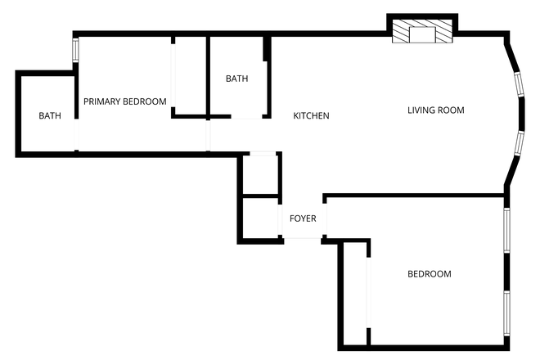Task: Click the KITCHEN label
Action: pos(311,116)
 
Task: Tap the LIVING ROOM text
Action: pos(435,110)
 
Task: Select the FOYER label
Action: pos(303,219)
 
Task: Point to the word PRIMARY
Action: pos(102,102)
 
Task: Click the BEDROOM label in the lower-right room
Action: pos(429,274)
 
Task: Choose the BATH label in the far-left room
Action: pos(50,116)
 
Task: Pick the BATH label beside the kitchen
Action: pos(236,79)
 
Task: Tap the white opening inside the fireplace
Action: pos(422,34)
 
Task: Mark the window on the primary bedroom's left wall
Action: pos(75,49)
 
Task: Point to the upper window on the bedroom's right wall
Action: pos(506,230)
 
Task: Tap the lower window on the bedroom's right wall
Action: pos(506,314)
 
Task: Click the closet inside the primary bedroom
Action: pos(188,76)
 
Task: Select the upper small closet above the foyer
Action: pos(261,175)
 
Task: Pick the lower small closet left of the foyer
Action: pos(261,218)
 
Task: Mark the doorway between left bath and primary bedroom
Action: pos(76,134)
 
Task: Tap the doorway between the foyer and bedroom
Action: pos(326,219)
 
